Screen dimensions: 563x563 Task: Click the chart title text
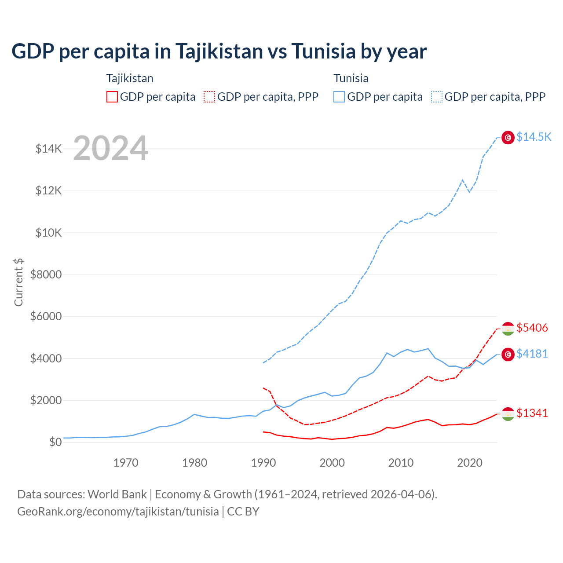pos(219,51)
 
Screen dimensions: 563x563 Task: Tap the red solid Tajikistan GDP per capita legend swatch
pos(112,97)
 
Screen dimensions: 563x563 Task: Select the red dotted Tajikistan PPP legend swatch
pos(209,97)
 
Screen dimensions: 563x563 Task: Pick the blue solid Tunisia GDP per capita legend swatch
pos(339,97)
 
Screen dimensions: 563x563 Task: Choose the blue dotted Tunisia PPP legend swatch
pos(437,97)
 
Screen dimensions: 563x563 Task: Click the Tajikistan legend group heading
pos(130,78)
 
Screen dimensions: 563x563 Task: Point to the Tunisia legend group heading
pos(351,78)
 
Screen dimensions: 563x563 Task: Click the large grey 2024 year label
pos(110,149)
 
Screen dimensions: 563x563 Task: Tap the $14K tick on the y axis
pos(49,149)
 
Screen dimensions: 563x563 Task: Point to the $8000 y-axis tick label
pos(46,275)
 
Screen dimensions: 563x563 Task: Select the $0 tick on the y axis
pos(55,442)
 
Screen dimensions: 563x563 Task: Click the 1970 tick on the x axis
pos(126,463)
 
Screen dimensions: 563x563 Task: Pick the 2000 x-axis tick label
pos(332,463)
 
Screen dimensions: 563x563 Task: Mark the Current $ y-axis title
pos(18,282)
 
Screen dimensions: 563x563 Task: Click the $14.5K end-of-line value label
pos(534,137)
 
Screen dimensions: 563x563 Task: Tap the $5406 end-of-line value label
pos(532,328)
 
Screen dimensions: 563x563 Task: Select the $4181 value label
pos(532,354)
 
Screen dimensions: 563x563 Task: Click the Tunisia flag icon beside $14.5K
pos(508,138)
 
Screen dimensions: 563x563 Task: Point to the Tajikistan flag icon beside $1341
pos(508,414)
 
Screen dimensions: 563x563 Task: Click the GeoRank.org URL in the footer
pos(118,512)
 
